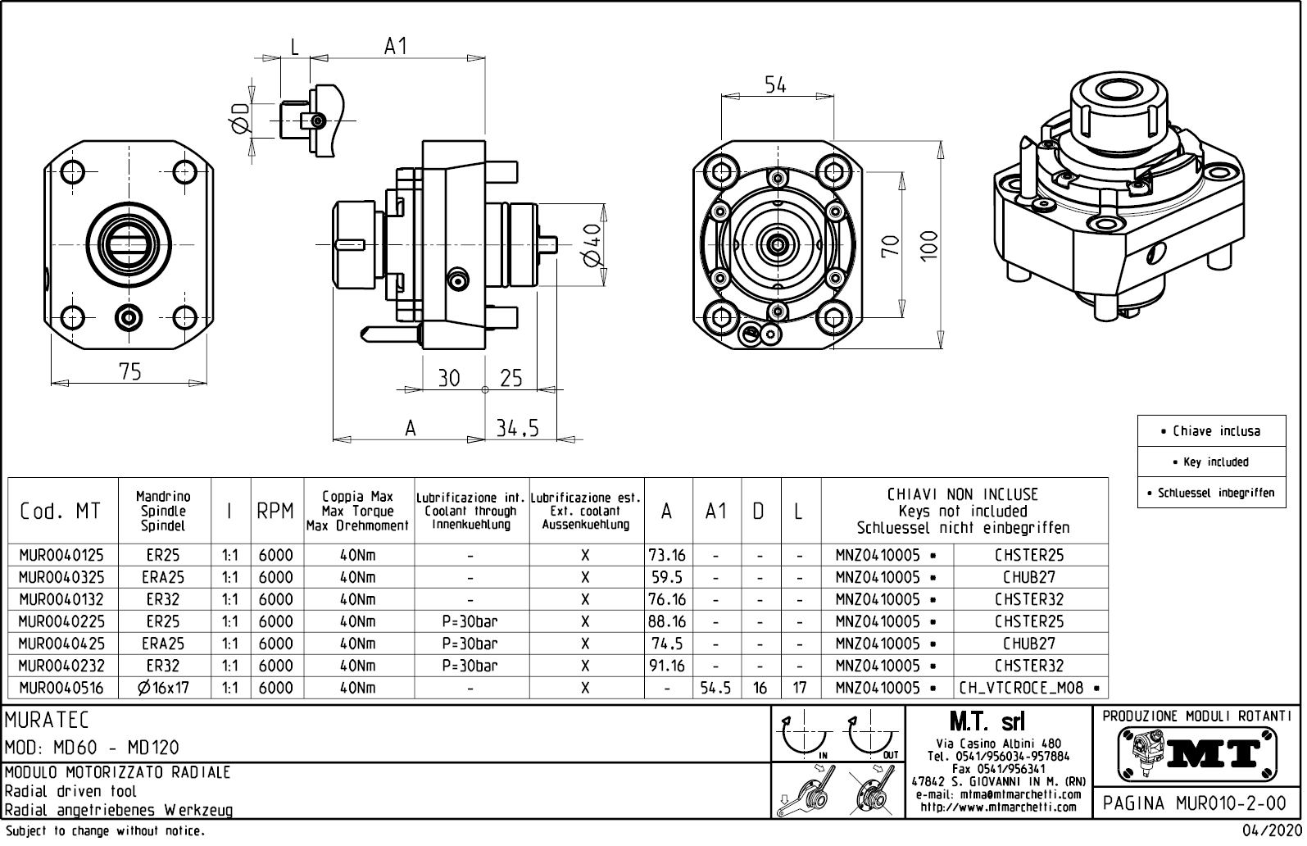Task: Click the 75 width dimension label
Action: click(130, 371)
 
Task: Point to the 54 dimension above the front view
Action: click(775, 84)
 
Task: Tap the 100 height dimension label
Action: click(928, 245)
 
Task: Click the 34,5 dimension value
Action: click(518, 428)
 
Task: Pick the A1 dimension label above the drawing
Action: click(396, 47)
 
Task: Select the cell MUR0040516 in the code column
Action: click(61, 689)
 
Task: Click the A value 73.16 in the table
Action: click(667, 555)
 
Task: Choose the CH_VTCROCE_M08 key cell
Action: click(1029, 689)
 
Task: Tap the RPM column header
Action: click(275, 511)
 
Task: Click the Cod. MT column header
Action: click(60, 511)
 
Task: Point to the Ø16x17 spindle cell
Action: click(164, 689)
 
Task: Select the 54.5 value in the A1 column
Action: click(716, 689)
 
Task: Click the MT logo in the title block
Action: click(1197, 753)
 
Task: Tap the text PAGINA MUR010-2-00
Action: click(1197, 803)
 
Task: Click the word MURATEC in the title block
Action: click(47, 721)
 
